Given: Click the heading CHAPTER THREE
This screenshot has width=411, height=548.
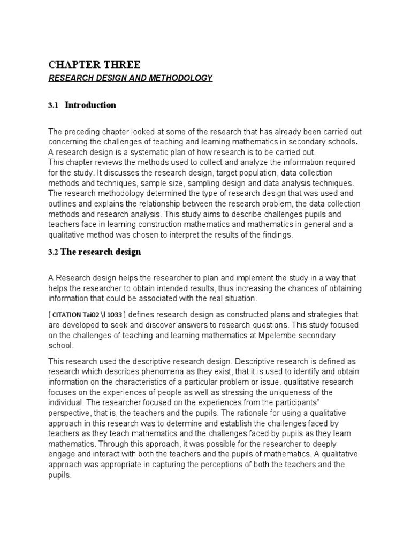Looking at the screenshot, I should click(x=95, y=65).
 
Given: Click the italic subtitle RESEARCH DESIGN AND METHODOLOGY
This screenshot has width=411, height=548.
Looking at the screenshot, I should click(x=131, y=78).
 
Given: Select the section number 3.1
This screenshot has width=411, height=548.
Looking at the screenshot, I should click(x=53, y=105).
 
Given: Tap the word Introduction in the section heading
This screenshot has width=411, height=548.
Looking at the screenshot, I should click(x=90, y=105).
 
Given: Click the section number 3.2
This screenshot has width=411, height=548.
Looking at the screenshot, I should click(x=54, y=252).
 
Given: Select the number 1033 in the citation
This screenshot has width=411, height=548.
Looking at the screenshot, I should click(x=118, y=314).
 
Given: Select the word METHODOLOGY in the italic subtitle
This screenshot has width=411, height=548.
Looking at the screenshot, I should click(x=180, y=78).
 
